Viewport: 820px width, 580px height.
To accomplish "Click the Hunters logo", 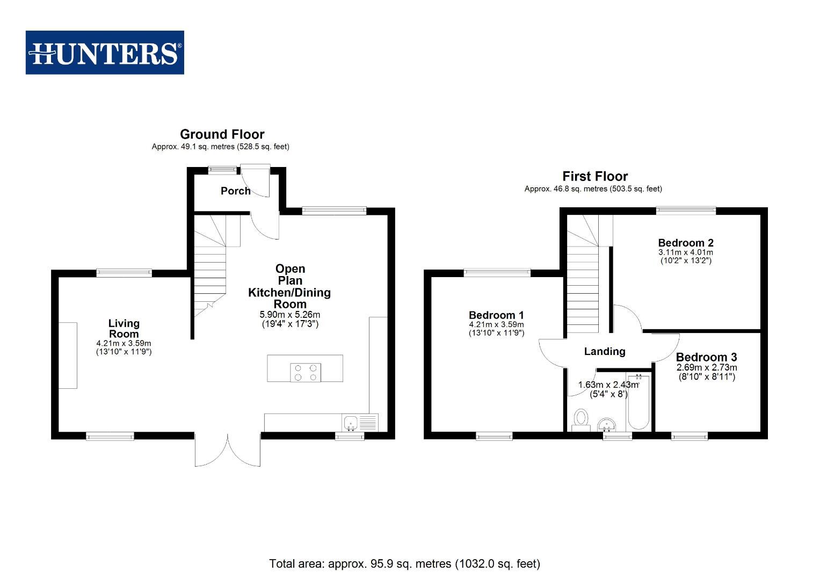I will click(x=105, y=53).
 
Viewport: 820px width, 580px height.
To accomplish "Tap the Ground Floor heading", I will click(x=222, y=134).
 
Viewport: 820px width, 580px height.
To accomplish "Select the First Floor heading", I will click(x=595, y=176).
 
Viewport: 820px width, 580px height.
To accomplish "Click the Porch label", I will click(x=235, y=191).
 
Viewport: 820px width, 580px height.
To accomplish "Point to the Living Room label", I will click(x=124, y=328).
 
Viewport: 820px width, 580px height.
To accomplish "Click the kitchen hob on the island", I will click(x=306, y=372).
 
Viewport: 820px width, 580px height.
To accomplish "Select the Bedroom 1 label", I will click(x=496, y=315).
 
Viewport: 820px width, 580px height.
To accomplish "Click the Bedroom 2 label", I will click(x=686, y=243).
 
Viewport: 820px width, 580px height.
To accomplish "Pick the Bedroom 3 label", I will click(x=706, y=357).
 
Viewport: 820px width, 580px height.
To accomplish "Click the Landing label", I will click(x=605, y=351).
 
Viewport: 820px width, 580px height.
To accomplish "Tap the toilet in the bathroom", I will click(x=580, y=419).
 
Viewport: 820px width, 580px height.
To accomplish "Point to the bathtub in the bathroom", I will click(x=638, y=403).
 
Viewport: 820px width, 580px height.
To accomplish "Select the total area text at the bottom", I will click(x=404, y=563).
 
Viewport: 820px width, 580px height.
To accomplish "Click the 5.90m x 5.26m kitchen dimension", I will click(x=290, y=315).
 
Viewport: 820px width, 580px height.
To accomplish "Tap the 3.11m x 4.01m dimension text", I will click(x=686, y=252).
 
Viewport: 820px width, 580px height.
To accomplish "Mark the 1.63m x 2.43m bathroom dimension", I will click(x=608, y=385).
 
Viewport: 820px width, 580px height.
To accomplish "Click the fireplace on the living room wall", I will click(x=68, y=355).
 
